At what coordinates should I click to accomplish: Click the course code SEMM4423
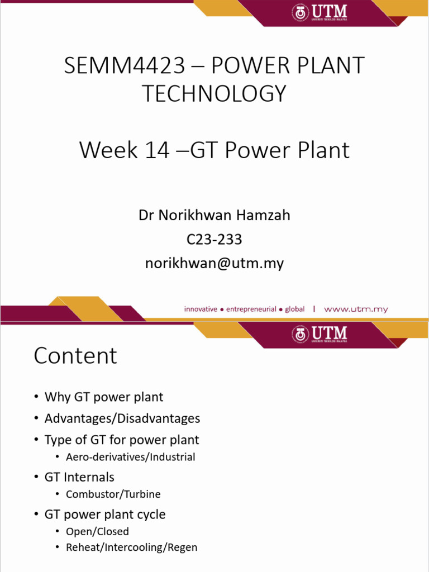pos(124,66)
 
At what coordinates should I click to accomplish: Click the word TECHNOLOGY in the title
pos(214,94)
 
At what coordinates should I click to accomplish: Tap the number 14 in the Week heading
pos(156,150)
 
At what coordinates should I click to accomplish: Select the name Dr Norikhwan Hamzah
pos(214,215)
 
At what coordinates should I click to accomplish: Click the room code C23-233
pos(214,239)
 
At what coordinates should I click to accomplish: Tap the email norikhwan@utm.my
pos(214,263)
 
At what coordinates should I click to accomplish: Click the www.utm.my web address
pos(356,309)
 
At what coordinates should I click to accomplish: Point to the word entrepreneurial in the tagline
pos(251,309)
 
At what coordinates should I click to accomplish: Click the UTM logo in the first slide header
pos(320,13)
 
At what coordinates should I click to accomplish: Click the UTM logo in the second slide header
pos(320,333)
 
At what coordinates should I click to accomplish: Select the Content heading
pos(75,356)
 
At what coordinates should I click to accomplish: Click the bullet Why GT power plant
pos(104,397)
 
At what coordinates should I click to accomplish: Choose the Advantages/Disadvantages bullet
pos(122,418)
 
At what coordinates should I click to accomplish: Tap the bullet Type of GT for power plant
pos(122,440)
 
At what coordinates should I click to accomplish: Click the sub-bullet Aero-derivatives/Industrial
pos(130,457)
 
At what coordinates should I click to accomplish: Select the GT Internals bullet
pos(79,477)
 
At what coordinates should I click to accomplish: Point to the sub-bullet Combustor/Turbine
pos(113,494)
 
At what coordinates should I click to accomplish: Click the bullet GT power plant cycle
pos(105,514)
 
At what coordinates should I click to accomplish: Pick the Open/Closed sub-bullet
pos(97,531)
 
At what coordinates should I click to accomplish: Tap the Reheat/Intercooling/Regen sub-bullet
pos(131,547)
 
